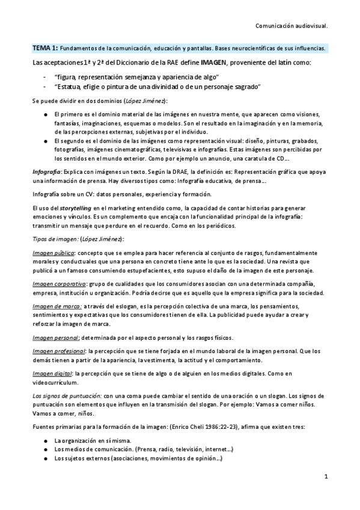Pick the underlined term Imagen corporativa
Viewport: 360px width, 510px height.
tap(58, 283)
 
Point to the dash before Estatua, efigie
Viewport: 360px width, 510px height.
tap(45, 87)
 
